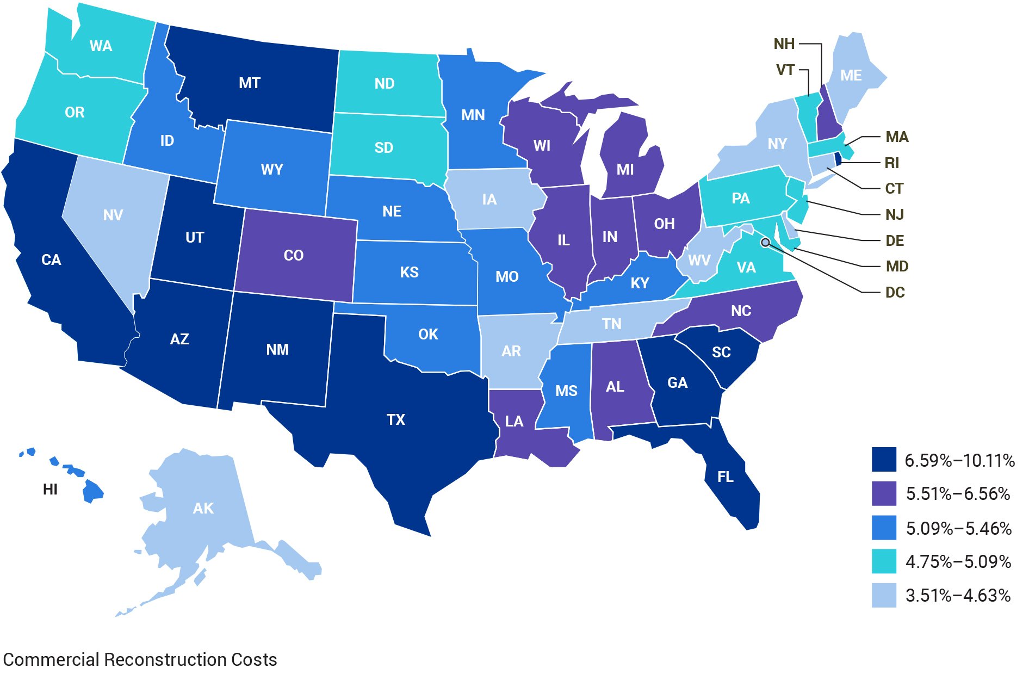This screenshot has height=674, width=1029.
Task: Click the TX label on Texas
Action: pos(395,419)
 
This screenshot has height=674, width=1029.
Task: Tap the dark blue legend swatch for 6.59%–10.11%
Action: pos(883,460)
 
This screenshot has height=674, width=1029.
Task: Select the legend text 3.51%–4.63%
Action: pos(957,595)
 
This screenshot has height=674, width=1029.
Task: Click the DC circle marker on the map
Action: pos(765,242)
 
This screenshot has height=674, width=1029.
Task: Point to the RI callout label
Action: pos(891,163)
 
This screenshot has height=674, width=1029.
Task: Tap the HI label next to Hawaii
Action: pos(50,490)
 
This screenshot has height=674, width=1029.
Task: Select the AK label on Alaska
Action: pos(203,508)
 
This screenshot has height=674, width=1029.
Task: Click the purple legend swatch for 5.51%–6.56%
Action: pos(883,494)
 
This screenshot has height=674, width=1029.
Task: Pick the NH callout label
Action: pos(784,44)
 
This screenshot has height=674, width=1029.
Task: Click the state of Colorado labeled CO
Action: pos(294,255)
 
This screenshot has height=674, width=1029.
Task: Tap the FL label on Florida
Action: pos(725,477)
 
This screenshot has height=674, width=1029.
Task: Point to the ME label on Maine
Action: pos(851,76)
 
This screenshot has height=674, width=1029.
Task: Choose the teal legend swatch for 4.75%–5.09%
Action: pos(883,561)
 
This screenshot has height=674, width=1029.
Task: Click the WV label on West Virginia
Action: pos(699,261)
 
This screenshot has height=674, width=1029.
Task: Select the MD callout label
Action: pos(897,266)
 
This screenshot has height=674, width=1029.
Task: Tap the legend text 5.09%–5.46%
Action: pos(958,528)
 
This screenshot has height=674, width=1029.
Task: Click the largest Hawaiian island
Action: pos(92,492)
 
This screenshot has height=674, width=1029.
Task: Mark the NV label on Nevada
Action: pos(113,215)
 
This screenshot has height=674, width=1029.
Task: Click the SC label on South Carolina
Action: pos(721,353)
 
